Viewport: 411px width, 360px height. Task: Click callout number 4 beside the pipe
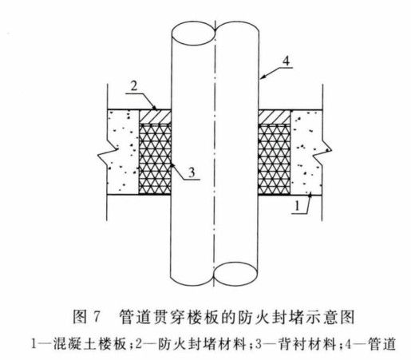286,61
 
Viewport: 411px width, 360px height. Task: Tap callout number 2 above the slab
134,86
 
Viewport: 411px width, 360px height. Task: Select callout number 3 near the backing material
192,172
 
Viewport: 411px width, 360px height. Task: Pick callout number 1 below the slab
298,206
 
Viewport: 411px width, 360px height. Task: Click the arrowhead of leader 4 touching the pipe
262,77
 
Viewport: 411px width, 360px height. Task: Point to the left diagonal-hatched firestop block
156,117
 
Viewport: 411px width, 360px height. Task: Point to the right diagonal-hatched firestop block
275,117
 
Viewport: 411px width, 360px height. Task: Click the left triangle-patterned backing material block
156,159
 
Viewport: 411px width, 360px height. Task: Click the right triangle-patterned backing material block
275,159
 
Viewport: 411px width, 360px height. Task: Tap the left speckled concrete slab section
123,152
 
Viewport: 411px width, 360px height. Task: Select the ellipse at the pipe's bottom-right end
235,275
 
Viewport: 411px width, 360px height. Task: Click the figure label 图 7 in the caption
87,317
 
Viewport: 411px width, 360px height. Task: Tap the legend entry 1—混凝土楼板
78,344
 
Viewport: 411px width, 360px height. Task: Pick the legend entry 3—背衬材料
295,344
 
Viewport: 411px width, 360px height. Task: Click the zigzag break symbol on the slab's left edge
108,155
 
